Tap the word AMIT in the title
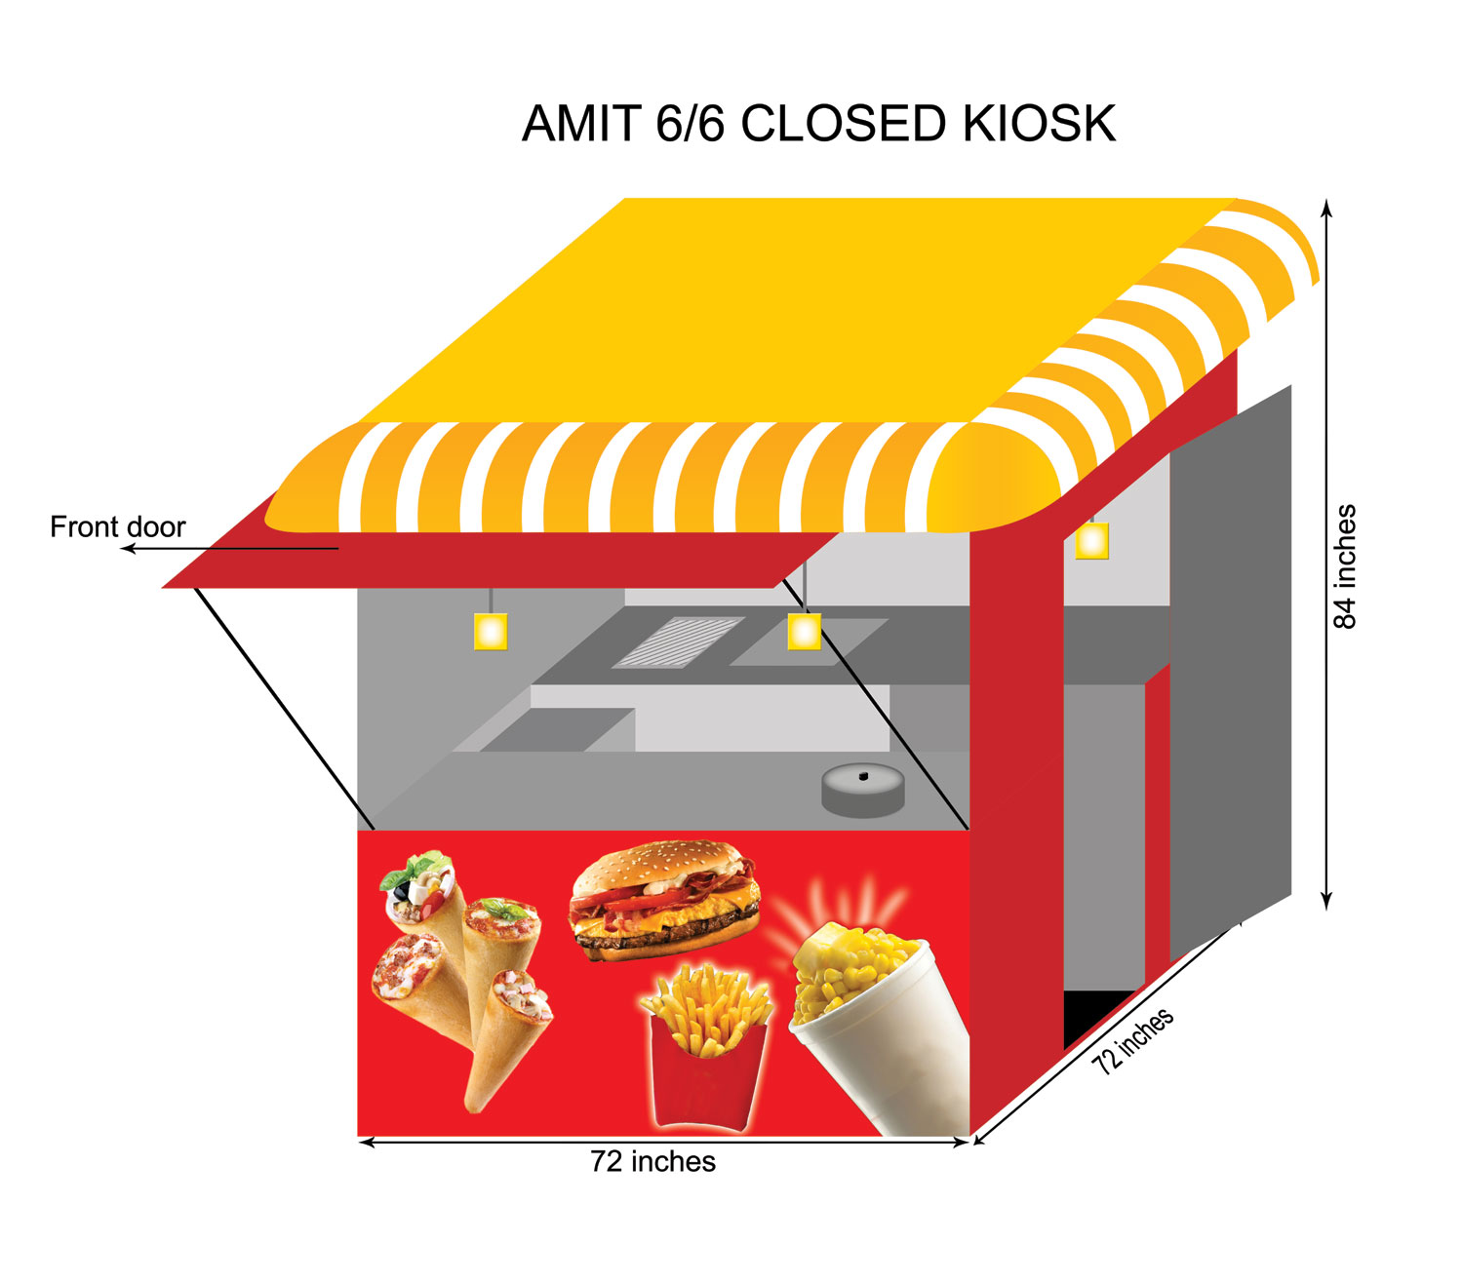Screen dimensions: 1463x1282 coord(581,124)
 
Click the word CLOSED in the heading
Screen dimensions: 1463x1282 coord(843,124)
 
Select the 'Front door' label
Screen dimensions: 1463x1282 coord(117,527)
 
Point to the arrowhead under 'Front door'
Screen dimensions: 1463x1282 coord(128,549)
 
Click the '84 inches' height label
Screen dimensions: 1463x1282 coord(1344,567)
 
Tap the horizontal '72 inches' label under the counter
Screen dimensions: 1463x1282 coord(652,1162)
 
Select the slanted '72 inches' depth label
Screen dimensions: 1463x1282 coord(1131,1041)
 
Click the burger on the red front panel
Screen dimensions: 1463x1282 coord(664,900)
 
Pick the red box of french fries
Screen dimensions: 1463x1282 coord(707,1047)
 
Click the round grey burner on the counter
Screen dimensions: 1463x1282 coord(863,792)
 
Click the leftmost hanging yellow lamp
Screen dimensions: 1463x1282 coord(491,631)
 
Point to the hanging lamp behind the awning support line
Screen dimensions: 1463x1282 coord(804,631)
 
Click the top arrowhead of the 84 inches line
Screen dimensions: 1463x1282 coord(1325,208)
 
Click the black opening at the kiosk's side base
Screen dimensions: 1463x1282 coord(1094,1018)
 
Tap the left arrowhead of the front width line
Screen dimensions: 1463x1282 coord(367,1142)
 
